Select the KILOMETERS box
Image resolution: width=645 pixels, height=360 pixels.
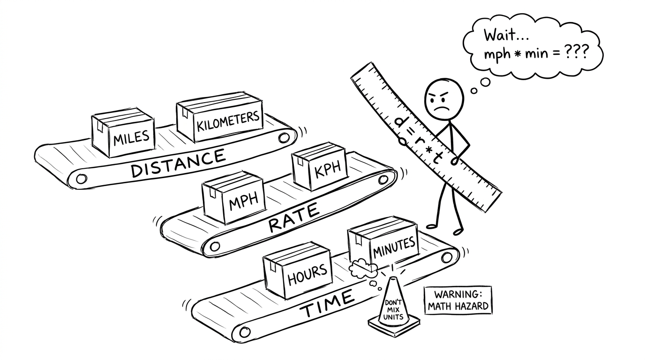[x=219, y=120]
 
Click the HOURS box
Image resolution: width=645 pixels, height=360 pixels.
[x=298, y=270]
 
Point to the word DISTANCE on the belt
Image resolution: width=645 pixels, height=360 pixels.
[x=178, y=163]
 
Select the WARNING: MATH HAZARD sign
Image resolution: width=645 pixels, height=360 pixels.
[x=458, y=301]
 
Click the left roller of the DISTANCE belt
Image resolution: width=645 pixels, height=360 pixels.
[x=82, y=179]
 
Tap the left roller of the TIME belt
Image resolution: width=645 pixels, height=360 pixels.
[x=242, y=332]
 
